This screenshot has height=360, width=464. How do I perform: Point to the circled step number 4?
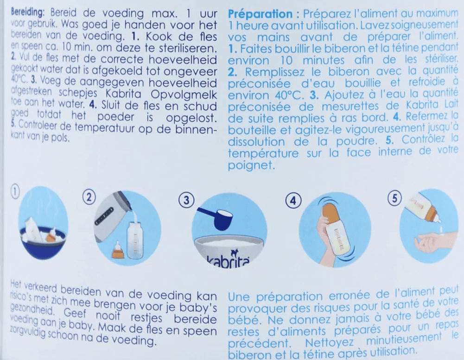(292, 201)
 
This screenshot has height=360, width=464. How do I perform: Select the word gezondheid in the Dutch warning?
(21, 309)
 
